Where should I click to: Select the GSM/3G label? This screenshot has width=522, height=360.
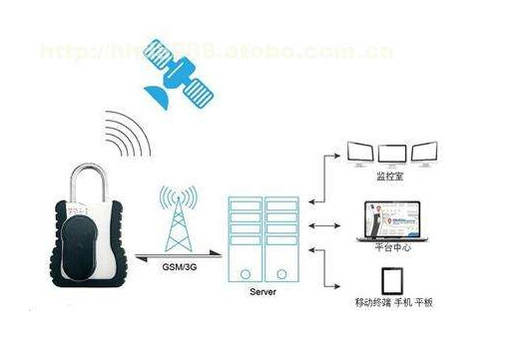coord(181,267)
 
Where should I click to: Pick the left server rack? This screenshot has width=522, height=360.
coord(245,237)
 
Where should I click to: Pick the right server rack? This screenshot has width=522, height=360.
coord(283,237)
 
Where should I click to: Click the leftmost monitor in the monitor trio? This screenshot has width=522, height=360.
coord(359,153)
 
